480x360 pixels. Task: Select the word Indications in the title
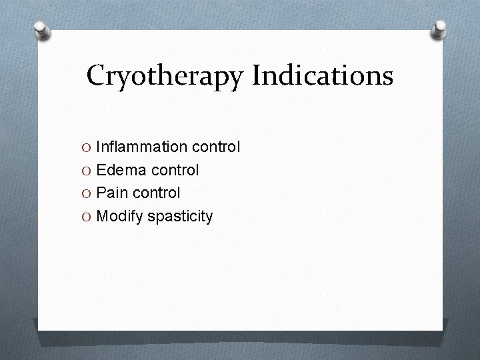click(x=322, y=76)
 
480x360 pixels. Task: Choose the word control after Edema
click(x=174, y=170)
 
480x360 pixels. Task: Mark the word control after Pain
click(x=155, y=193)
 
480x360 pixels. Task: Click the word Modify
click(x=118, y=216)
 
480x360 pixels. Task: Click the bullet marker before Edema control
click(x=88, y=171)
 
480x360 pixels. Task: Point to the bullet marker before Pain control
click(x=88, y=193)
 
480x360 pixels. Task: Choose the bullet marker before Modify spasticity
click(x=88, y=217)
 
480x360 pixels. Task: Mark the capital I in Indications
click(x=257, y=76)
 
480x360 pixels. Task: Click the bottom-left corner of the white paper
click(x=39, y=329)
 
